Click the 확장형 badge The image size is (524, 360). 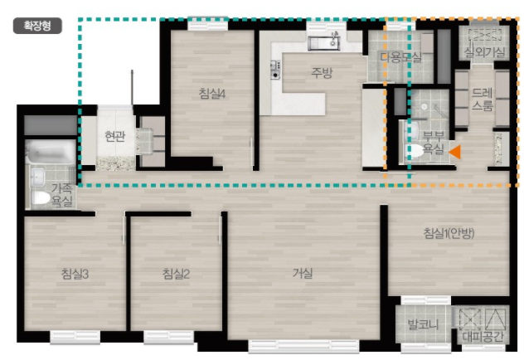[37, 26]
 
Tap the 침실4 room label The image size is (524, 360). [212, 94]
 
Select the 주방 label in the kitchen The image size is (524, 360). [322, 72]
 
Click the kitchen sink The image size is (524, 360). [324, 43]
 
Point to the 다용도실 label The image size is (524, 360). [400, 57]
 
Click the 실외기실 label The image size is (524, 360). [484, 51]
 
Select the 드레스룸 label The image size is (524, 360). [483, 100]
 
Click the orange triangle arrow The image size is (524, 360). [455, 152]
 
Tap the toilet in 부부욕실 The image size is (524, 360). [415, 151]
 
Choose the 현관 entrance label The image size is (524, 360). [115, 136]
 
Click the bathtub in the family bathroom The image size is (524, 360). [51, 152]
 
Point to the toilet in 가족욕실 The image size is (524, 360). [41, 198]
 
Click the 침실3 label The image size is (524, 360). [75, 274]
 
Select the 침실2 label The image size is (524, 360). [176, 274]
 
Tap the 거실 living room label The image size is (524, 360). [303, 274]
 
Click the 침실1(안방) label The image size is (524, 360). [449, 233]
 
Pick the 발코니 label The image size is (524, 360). [423, 324]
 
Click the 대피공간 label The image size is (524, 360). [483, 336]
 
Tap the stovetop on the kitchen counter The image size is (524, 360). [275, 70]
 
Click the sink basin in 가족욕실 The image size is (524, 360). [37, 176]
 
